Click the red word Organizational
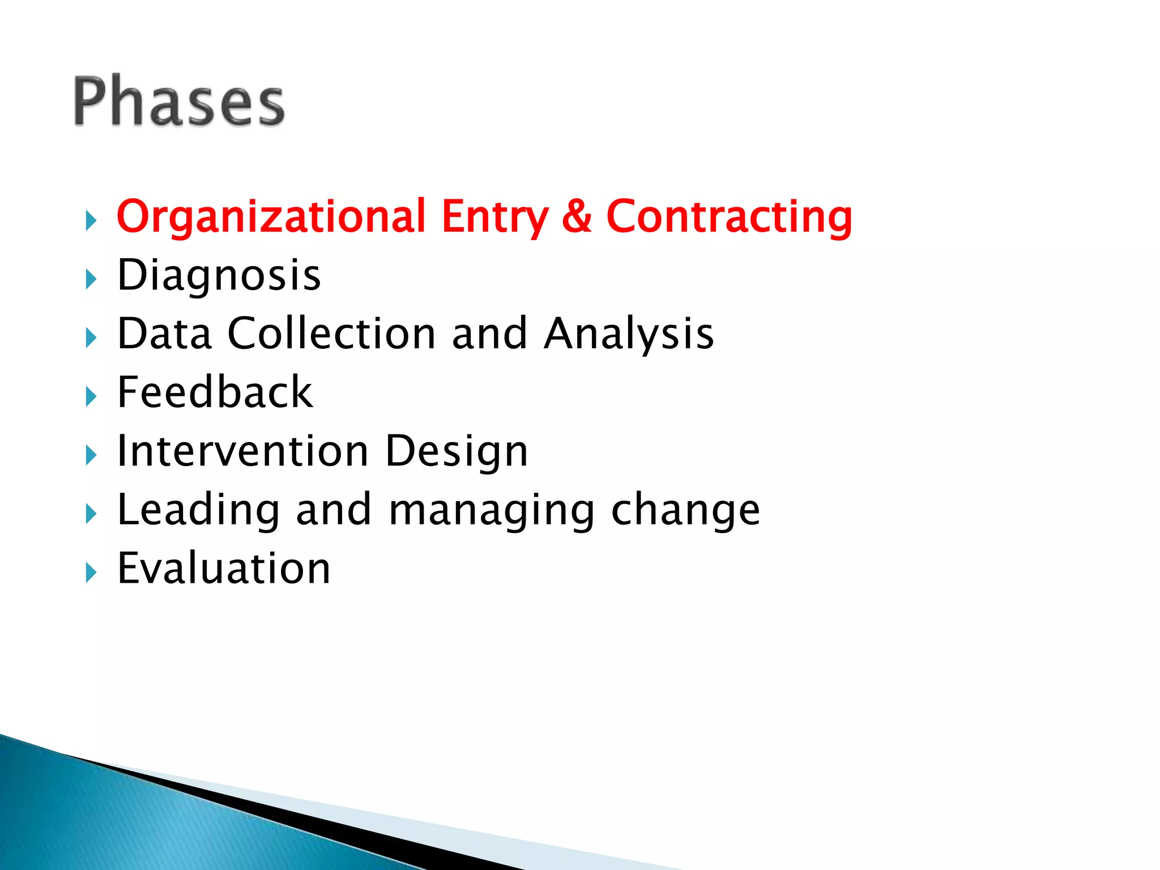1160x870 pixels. tap(271, 216)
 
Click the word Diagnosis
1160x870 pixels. tap(219, 275)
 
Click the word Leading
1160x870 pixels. tap(198, 510)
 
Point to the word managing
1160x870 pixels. tap(492, 511)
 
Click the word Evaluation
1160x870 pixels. tap(224, 568)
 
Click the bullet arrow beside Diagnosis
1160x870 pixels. tap(91, 279)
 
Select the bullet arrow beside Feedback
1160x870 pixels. tap(91, 396)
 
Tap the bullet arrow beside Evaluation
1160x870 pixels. tap(91, 572)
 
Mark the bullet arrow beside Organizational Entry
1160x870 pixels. tap(91, 220)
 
